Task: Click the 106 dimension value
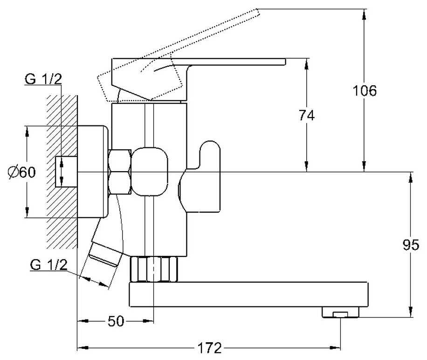(x=365, y=90)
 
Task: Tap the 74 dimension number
(x=307, y=115)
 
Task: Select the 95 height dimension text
(x=411, y=245)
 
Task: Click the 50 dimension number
(x=116, y=321)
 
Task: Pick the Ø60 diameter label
(x=22, y=172)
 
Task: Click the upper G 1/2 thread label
(x=43, y=79)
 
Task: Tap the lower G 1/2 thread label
(x=49, y=264)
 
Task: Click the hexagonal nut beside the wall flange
(x=120, y=172)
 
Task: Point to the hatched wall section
(x=62, y=172)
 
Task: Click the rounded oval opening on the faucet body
(x=150, y=172)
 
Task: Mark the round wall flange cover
(x=93, y=172)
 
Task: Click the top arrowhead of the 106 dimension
(x=364, y=14)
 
